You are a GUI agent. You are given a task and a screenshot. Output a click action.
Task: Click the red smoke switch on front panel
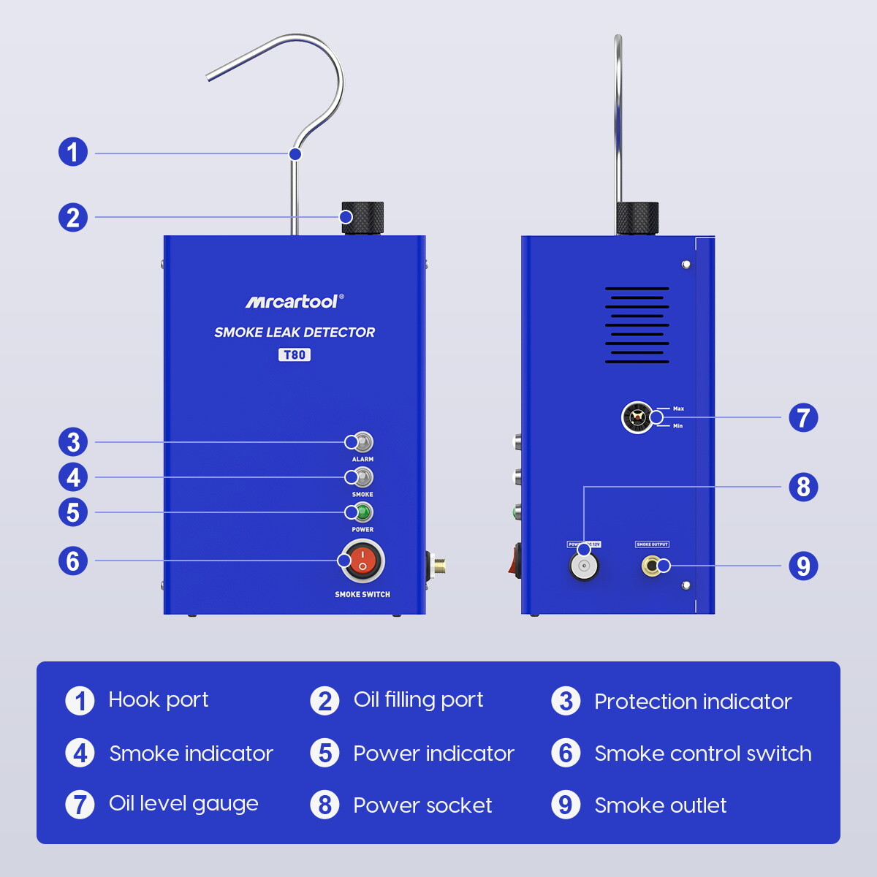click(362, 561)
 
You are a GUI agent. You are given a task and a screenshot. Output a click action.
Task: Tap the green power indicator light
click(361, 512)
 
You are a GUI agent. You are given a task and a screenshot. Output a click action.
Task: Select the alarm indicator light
click(361, 442)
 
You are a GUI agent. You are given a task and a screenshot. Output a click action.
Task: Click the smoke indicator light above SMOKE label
click(361, 477)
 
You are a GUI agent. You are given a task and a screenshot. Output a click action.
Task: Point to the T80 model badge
click(294, 355)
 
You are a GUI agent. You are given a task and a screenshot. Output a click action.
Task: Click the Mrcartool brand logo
click(293, 301)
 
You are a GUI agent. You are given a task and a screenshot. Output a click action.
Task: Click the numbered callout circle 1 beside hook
click(73, 153)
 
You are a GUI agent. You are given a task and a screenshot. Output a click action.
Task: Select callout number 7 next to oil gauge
click(803, 418)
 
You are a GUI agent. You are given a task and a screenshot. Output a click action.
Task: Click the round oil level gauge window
click(637, 418)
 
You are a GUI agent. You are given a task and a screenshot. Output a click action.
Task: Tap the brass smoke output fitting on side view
click(652, 566)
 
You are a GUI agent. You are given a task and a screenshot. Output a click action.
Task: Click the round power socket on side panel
click(584, 566)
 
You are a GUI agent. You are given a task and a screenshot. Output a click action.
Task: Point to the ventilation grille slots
click(637, 325)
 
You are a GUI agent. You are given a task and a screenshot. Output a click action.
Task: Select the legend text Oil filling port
click(418, 700)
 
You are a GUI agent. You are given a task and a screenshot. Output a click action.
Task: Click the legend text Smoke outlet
click(660, 805)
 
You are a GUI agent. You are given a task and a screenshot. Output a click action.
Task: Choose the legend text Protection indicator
click(692, 702)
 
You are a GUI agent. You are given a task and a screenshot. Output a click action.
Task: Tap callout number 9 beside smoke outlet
click(803, 566)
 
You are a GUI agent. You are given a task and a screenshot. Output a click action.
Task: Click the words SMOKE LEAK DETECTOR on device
click(294, 333)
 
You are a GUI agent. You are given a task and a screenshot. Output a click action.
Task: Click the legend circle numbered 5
click(324, 753)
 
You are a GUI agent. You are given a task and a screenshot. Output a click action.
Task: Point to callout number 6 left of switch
click(73, 561)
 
